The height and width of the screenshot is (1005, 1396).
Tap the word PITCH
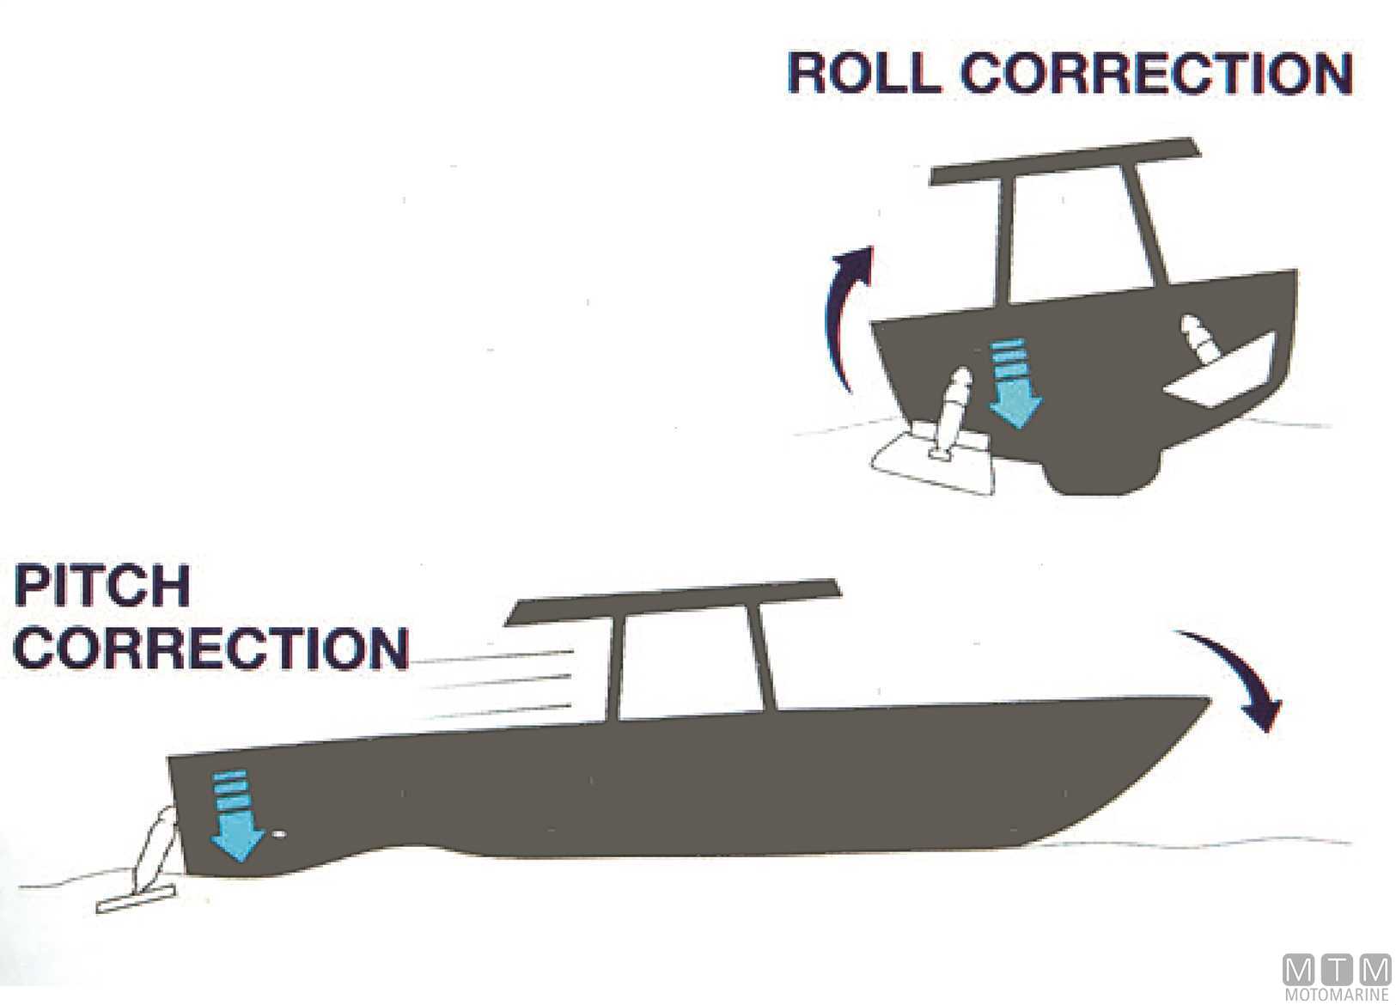(101, 587)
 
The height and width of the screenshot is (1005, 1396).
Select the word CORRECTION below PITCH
(210, 648)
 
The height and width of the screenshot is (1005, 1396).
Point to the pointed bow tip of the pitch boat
(1206, 700)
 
